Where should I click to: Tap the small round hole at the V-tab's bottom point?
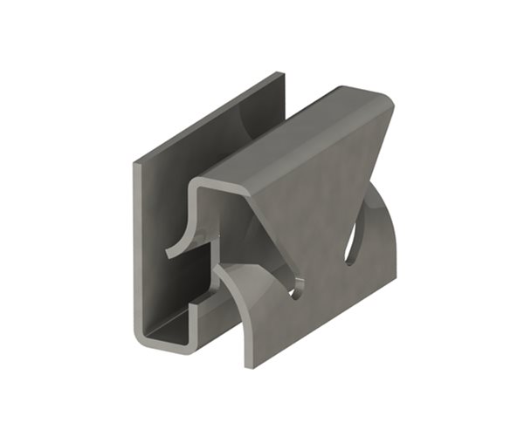(x=300, y=289)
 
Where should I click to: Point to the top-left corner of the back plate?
(x=134, y=162)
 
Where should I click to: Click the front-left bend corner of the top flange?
(x=196, y=184)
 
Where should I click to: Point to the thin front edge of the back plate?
(x=137, y=244)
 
